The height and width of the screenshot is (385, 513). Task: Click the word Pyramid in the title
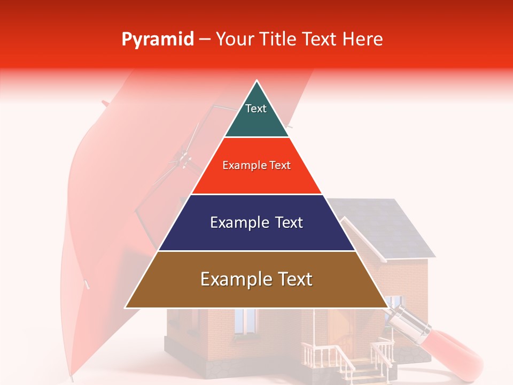click(158, 40)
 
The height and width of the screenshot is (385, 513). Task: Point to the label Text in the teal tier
click(256, 109)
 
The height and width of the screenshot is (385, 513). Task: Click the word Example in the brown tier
click(233, 279)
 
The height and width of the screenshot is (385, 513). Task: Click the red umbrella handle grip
click(454, 350)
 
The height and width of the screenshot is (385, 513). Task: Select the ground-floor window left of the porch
click(245, 320)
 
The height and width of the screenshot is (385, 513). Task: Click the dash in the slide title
click(205, 40)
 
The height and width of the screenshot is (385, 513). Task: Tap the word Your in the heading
click(234, 39)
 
